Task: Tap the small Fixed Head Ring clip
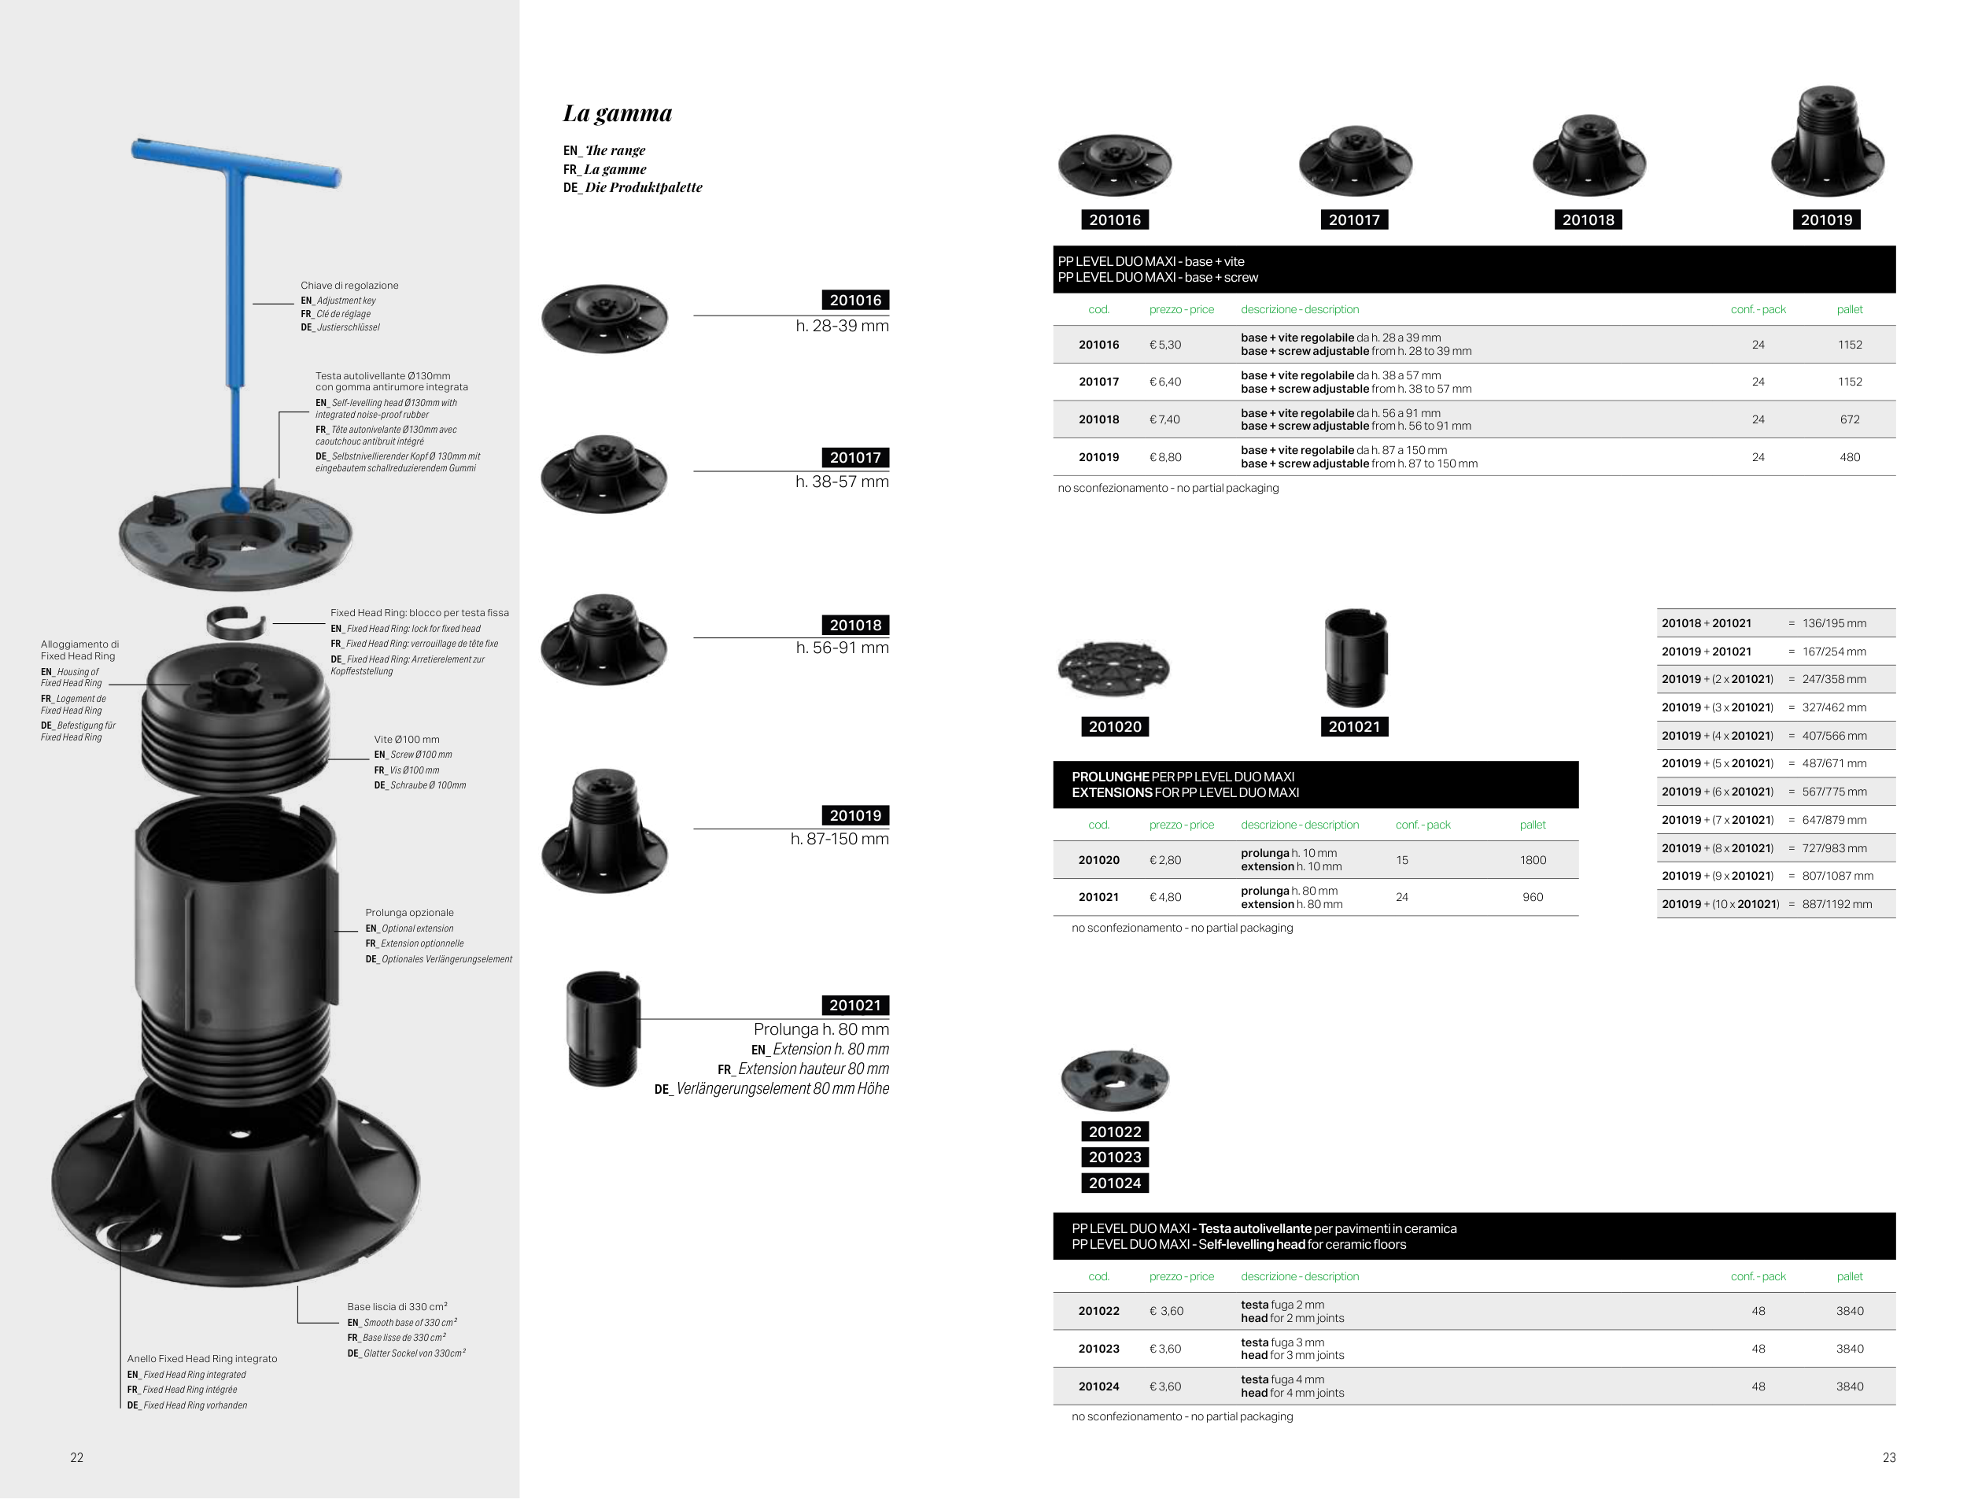click(236, 622)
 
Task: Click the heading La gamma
click(618, 113)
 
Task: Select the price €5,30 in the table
click(1165, 345)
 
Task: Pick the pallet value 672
click(1849, 419)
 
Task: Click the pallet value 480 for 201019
click(1849, 457)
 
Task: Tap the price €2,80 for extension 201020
click(1165, 860)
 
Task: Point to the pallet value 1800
click(1533, 860)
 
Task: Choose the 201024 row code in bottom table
click(1098, 1386)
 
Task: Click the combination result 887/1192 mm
click(1836, 904)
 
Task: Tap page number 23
click(1888, 1458)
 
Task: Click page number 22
click(77, 1458)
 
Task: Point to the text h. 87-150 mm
click(840, 839)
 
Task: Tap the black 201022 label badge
click(1115, 1132)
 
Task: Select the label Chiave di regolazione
click(349, 286)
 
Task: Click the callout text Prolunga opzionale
click(409, 913)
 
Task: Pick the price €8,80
click(1165, 457)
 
